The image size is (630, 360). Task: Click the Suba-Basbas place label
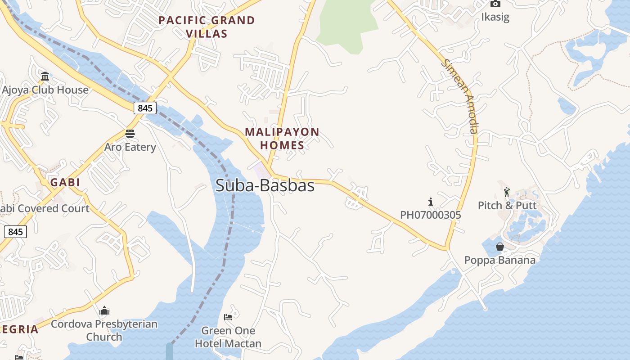coord(265,185)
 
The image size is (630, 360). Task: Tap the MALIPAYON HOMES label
coord(282,139)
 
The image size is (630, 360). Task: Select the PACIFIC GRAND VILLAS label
coord(207,27)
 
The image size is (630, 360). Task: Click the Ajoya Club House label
coord(45,90)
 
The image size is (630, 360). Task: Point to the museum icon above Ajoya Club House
coord(45,76)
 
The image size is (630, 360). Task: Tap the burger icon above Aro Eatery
coord(130,133)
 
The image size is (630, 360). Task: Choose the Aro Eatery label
coord(130,147)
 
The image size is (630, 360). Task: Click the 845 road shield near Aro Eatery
coord(145,108)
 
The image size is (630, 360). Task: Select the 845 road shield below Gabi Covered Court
coord(15,232)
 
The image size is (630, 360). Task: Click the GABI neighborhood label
coord(65,182)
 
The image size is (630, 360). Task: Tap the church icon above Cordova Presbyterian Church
coord(104,310)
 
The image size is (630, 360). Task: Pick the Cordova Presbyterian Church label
coord(104,330)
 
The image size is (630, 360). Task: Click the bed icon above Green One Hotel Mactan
coord(228,317)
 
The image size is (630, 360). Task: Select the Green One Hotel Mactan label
coord(228,337)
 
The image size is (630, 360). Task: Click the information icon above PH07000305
coord(431,202)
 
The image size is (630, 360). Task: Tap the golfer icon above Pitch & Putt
coord(507,192)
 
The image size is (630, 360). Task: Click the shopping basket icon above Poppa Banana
coord(499,247)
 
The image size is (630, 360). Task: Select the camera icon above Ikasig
coord(495,4)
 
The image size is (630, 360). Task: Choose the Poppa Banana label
coord(499,260)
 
